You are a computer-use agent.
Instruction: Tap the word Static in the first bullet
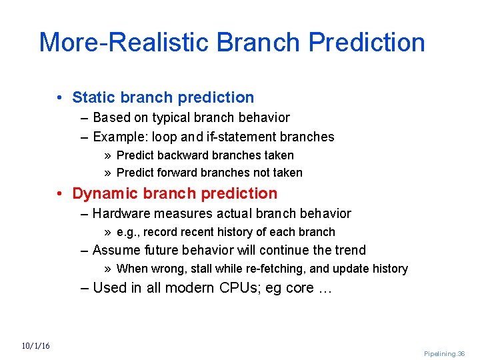point(93,97)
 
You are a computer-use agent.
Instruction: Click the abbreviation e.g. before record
point(127,232)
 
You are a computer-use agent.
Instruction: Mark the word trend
point(351,250)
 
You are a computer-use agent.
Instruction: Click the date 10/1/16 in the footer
point(35,345)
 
